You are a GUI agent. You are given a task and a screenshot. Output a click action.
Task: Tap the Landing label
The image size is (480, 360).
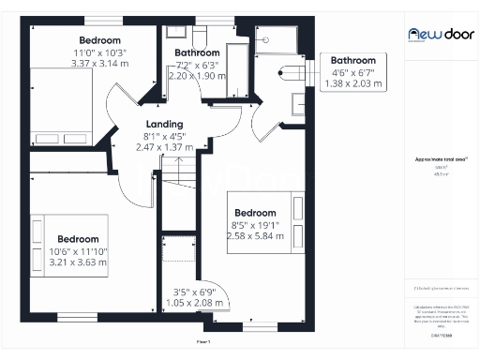164,124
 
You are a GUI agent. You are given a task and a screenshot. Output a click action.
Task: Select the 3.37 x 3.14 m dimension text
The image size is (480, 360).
99,64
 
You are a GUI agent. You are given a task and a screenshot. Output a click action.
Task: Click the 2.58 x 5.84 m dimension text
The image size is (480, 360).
255,235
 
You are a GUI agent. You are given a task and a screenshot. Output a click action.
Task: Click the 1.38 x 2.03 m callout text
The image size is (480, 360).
352,83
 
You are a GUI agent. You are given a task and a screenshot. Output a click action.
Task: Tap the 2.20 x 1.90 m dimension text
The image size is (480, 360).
197,77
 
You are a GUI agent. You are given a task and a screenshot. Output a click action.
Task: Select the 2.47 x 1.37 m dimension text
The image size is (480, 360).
164,147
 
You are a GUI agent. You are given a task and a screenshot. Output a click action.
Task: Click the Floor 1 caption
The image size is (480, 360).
203,342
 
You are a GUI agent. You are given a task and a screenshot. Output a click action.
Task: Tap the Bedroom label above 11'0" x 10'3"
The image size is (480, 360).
99,40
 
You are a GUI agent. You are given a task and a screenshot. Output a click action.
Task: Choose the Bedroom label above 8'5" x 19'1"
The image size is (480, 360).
255,213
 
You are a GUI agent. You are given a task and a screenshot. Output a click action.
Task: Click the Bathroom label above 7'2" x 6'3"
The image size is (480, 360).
197,53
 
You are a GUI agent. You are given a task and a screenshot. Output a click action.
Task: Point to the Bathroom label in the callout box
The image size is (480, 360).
352,61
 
